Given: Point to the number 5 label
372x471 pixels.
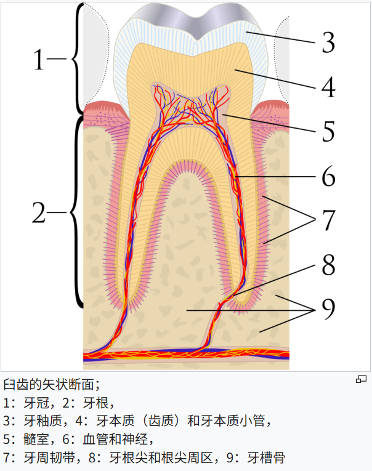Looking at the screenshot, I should click(328, 131).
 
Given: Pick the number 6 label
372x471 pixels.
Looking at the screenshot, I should click(328, 177).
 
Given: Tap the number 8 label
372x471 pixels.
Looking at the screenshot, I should click(328, 266).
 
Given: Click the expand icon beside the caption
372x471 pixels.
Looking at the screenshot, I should click(361, 379).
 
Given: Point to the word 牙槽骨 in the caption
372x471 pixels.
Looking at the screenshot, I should click(267, 457).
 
